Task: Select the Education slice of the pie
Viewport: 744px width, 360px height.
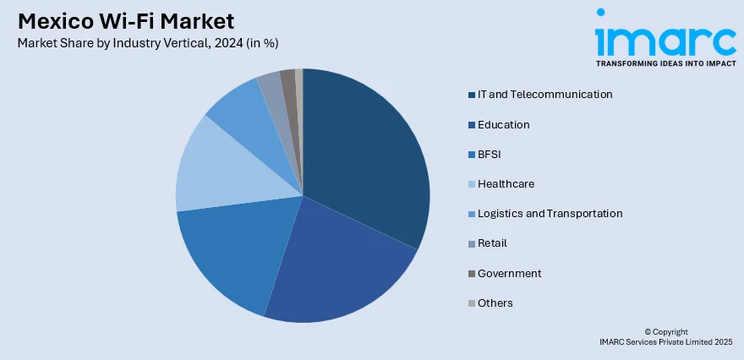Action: point(330,262)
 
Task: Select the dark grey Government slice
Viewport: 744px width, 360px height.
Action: point(288,80)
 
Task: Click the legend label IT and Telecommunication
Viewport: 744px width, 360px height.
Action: point(544,95)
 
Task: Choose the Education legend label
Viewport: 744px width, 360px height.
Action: point(503,125)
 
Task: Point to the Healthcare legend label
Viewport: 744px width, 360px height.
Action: point(506,184)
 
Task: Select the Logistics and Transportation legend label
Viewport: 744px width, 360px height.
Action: point(550,214)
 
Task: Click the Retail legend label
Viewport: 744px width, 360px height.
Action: point(492,243)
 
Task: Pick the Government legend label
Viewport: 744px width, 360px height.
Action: point(509,273)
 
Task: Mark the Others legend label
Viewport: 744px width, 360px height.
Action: point(495,303)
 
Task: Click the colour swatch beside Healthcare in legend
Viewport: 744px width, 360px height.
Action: point(470,184)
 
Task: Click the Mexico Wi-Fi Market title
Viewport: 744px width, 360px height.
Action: point(125,21)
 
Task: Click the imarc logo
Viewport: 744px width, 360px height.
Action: point(665,38)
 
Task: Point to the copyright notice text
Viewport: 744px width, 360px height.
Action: point(665,337)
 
